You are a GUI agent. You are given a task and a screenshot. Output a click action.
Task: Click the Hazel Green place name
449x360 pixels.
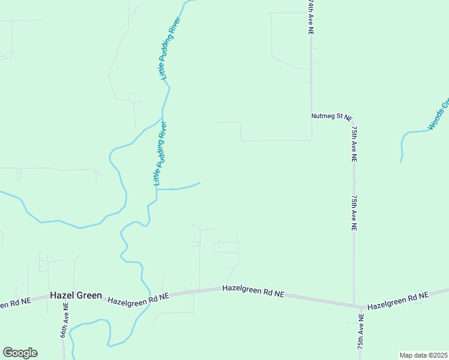76,296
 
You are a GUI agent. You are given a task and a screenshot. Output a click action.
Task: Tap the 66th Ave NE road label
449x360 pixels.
65,320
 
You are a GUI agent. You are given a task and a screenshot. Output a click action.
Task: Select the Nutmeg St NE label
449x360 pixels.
331,116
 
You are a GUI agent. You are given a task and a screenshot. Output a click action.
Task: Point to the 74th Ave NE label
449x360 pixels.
310,18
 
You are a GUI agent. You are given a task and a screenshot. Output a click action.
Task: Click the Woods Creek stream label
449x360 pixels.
439,114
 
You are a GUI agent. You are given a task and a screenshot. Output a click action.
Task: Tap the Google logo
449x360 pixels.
20,353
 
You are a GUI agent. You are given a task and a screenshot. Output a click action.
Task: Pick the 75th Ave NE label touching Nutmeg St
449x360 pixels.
354,144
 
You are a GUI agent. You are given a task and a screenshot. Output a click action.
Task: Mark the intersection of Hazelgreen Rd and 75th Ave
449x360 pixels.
354,305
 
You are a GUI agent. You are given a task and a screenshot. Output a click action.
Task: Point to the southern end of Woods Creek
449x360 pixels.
401,162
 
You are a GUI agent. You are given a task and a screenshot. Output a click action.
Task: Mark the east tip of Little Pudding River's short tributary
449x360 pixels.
200,183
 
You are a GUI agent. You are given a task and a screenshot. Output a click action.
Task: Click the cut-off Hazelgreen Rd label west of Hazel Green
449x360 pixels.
15,303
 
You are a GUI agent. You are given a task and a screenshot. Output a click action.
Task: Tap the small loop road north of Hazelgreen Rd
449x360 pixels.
226,247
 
